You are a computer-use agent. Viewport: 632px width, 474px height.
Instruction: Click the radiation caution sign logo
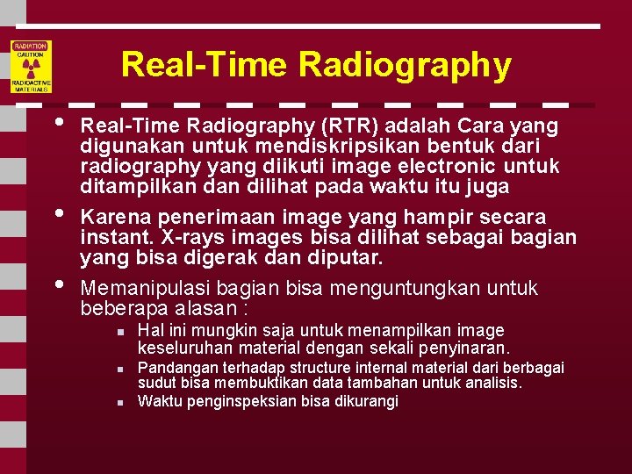[31, 67]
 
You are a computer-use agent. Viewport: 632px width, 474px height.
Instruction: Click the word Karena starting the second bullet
[112, 217]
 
